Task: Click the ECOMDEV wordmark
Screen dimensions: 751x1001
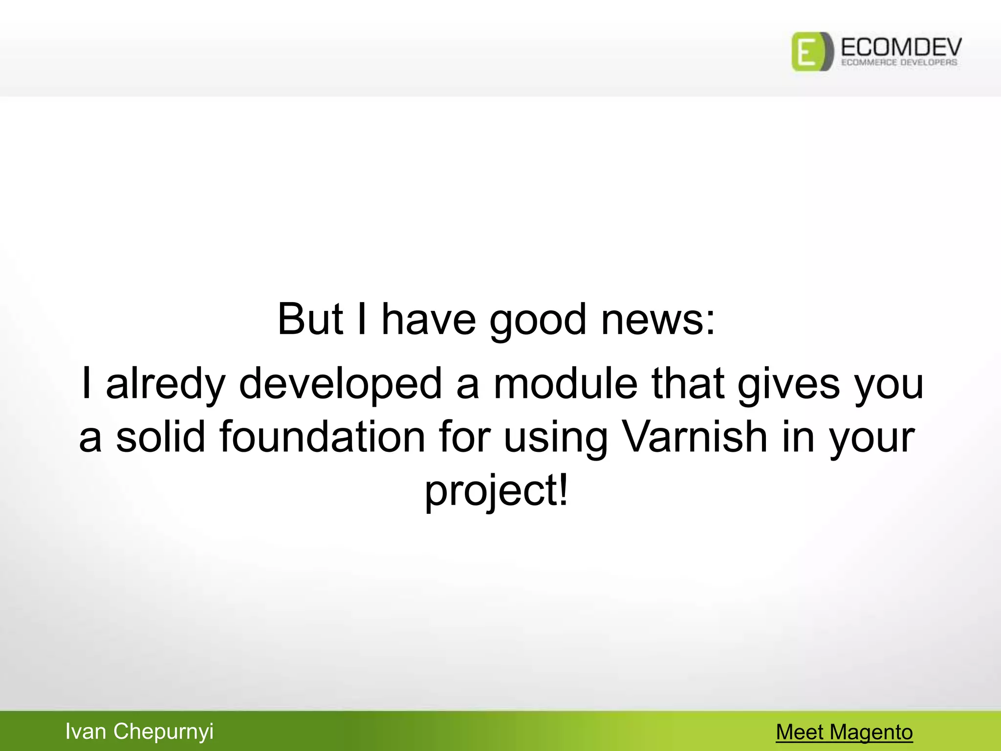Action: click(901, 47)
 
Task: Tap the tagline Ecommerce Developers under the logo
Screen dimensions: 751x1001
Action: click(899, 63)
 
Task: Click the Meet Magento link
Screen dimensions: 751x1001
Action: click(844, 732)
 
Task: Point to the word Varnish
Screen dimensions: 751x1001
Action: click(694, 437)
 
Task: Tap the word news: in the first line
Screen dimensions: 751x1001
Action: click(658, 320)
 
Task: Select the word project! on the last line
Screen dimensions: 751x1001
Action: click(497, 491)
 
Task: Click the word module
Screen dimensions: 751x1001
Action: click(566, 383)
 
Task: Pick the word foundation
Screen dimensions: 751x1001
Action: click(322, 437)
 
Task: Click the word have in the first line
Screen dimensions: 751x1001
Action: click(428, 320)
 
